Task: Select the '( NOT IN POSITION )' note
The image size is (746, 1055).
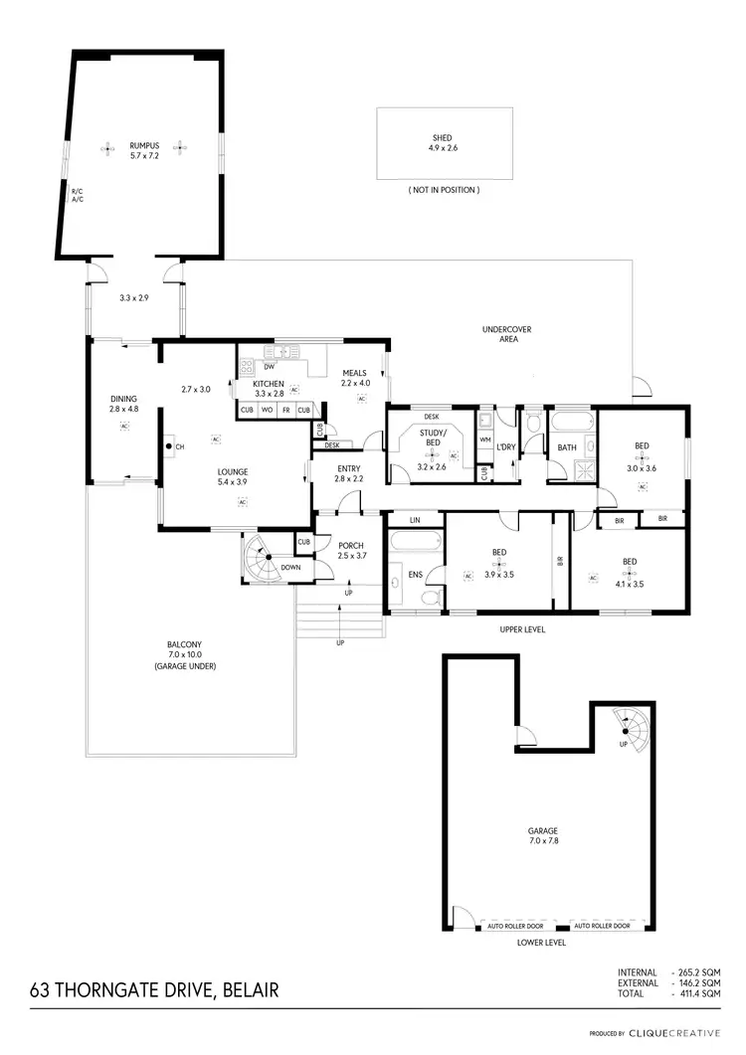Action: [x=444, y=190]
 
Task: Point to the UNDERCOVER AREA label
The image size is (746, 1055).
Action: [x=501, y=333]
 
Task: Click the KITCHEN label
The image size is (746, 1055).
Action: [x=268, y=384]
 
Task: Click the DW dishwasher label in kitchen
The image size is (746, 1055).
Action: [x=269, y=367]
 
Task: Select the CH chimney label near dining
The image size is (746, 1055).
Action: [x=180, y=447]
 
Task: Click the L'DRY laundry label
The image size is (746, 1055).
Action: [x=505, y=447]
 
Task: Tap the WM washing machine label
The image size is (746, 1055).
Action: [x=485, y=440]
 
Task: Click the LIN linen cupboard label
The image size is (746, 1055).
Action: [x=414, y=519]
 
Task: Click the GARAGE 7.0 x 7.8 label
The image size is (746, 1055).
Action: [x=542, y=835]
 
